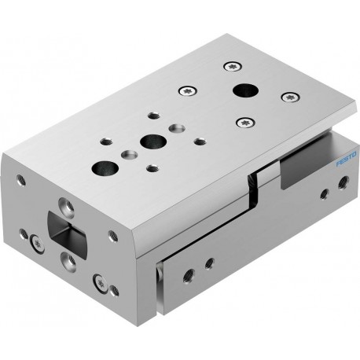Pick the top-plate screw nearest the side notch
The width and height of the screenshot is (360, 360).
click(x=248, y=122)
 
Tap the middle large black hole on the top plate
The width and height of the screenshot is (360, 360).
click(x=149, y=142)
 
